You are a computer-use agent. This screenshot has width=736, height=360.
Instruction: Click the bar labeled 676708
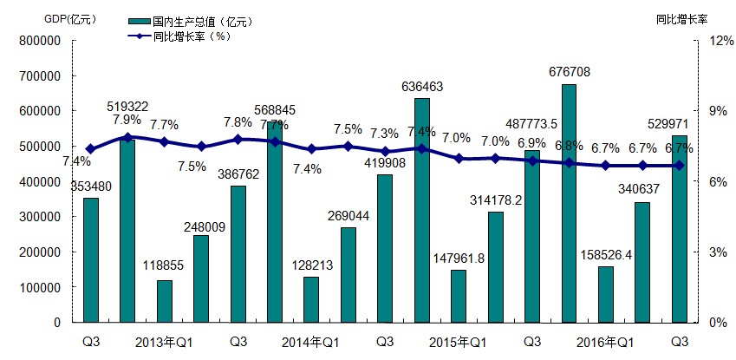coord(569,203)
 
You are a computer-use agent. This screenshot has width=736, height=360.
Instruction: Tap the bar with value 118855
coord(164,301)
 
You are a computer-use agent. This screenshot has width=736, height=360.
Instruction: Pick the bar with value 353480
coord(90,260)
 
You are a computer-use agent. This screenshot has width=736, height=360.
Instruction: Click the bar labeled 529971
coord(680,229)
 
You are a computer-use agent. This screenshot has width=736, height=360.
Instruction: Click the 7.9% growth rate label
coord(126,119)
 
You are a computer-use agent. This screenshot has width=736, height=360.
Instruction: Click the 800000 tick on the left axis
coord(38,41)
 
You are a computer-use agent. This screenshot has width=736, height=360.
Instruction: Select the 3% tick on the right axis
coord(719,252)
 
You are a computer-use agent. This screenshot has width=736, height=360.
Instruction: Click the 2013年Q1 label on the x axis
coord(164,342)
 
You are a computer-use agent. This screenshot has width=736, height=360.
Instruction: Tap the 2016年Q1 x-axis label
coord(606,342)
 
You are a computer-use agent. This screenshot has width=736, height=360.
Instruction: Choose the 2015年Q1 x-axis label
coord(459,342)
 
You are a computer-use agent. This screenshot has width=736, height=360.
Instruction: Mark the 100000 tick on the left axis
coord(38,287)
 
